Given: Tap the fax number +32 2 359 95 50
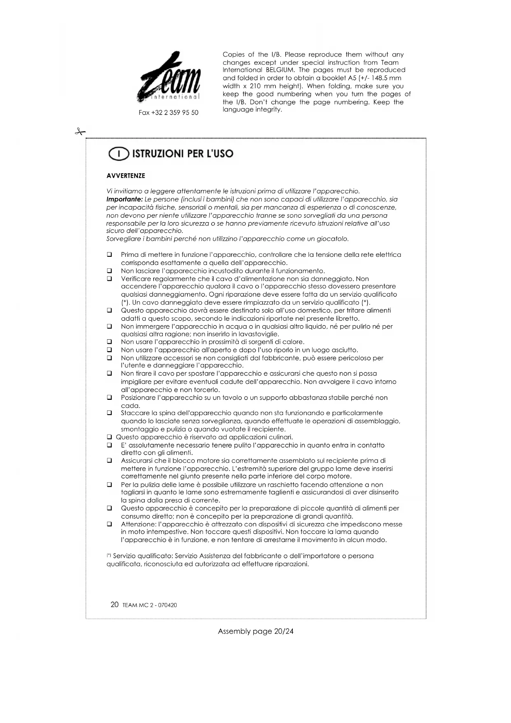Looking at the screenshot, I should click(168, 113).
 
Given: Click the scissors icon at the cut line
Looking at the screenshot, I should click(80, 132).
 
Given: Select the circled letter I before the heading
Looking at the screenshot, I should click(117, 154).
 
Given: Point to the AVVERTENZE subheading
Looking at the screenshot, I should click(126, 176).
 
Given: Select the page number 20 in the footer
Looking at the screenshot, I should click(114, 605).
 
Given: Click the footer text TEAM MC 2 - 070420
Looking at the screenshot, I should click(149, 605).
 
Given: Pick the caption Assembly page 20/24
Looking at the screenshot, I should click(256, 631).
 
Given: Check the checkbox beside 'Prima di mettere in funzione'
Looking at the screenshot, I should click(110, 255).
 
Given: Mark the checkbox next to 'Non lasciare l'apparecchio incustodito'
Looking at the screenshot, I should click(110, 271).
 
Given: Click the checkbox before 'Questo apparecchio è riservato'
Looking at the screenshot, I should click(110, 437).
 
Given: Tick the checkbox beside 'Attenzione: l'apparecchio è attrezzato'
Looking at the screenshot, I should click(110, 524).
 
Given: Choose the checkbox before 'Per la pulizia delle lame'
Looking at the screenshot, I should click(110, 485).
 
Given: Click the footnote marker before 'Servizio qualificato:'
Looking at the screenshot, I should click(108, 556).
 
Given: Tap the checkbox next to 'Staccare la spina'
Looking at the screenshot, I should click(110, 413).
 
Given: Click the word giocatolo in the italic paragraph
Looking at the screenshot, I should click(332, 239).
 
